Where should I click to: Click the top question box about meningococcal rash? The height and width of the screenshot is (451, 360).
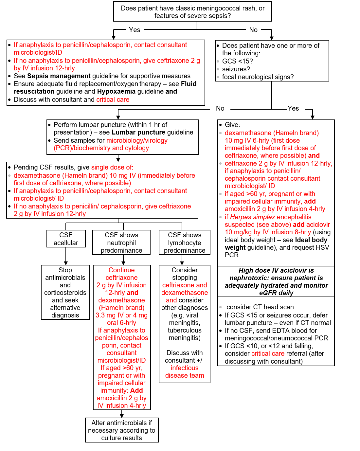coord(192,12)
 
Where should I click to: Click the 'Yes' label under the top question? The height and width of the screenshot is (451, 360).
coord(134,30)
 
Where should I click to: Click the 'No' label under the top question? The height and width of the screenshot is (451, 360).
coord(253,30)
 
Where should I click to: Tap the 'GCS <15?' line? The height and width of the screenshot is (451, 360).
coord(237,61)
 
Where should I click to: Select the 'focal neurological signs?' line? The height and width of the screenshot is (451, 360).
coord(258,77)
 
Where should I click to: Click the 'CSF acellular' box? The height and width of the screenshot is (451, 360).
coord(66,239)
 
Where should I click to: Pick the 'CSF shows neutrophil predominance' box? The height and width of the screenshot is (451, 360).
coord(121,243)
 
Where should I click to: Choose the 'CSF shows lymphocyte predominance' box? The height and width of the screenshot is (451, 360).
coord(185,243)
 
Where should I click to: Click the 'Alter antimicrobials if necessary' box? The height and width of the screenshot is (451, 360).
coord(122,430)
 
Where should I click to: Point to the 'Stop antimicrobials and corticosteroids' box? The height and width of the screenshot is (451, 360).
coord(65,292)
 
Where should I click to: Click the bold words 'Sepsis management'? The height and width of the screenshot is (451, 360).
coord(59,76)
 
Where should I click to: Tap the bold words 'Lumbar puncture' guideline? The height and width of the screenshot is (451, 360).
coord(138,132)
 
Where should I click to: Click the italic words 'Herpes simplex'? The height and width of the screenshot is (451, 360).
coord(252,217)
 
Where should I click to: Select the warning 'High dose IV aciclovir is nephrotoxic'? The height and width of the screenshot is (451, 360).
coord(276,281)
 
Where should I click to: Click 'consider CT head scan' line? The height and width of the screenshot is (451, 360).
coord(260,307)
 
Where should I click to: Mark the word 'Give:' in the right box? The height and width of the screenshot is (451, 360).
coord(232,125)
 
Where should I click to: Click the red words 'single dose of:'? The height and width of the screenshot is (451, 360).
coord(112,167)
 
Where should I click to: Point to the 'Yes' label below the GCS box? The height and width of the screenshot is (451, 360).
coord(293,108)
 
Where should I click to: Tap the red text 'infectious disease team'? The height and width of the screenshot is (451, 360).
coord(185,372)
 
